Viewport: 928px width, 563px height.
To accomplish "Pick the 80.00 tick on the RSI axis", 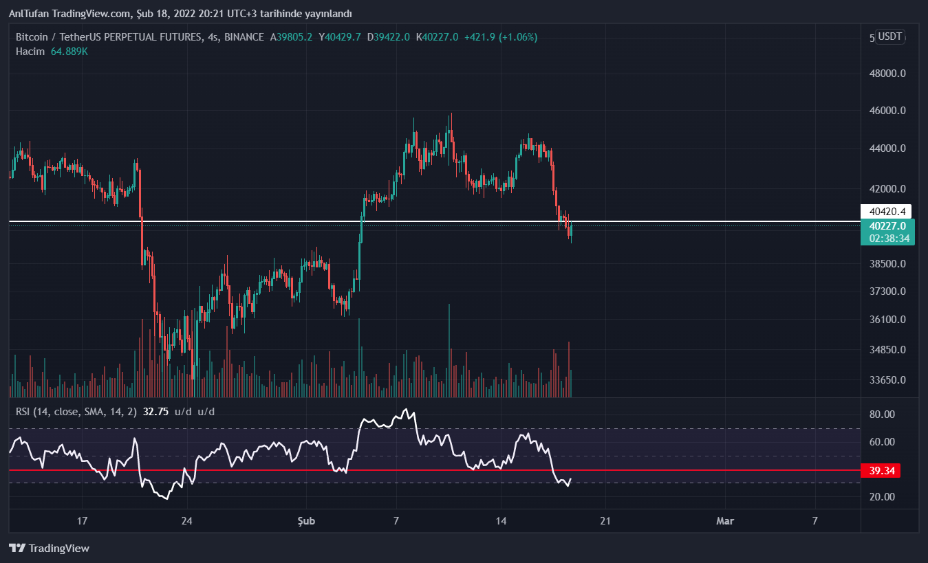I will click(882, 415).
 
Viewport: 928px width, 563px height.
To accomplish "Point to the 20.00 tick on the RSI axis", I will click(882, 497).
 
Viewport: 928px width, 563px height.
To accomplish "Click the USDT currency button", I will click(890, 36).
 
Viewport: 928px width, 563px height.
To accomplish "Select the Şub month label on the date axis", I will click(306, 521).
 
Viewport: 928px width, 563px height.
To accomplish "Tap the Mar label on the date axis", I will click(725, 521).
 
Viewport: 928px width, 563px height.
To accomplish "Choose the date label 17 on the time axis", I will click(83, 521).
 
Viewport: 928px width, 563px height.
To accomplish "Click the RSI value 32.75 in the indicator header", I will click(155, 412).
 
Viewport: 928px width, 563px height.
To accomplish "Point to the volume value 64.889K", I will click(69, 52).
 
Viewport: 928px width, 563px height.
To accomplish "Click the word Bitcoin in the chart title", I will click(32, 37).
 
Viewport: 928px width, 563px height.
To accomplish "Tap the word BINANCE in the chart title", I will click(244, 37).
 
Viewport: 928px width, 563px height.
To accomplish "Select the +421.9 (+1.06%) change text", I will click(501, 37).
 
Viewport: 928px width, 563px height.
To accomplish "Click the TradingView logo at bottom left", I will click(50, 548).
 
